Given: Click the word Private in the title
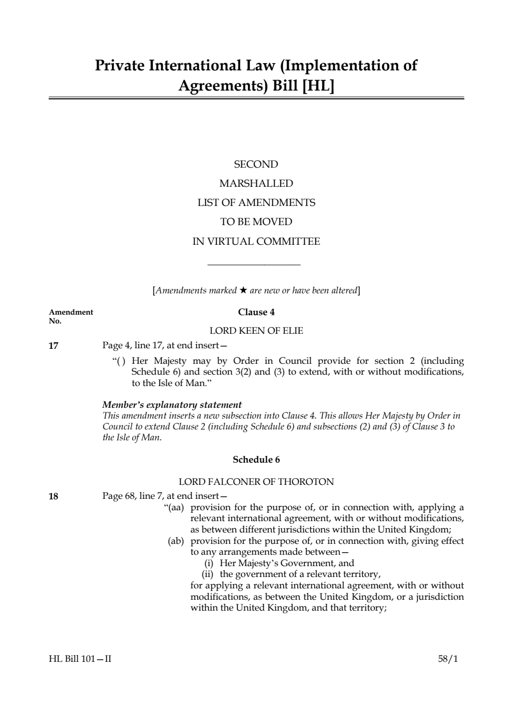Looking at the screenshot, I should point(120,66).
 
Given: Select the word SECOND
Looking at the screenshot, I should point(256,165).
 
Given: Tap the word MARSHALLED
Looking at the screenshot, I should point(256,184).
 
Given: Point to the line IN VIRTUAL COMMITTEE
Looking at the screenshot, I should point(256,242).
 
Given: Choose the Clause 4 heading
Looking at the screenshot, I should point(256,312).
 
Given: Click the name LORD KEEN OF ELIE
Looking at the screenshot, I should point(256,331).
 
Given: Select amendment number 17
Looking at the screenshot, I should point(53,346).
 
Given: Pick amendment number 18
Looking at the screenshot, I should point(53,497).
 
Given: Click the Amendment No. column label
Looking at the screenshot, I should point(70,316).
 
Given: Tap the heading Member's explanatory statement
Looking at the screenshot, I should point(172,405).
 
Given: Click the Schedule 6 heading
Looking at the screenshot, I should point(256,460).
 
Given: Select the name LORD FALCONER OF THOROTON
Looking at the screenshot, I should point(256,482).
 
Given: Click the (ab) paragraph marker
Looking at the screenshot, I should point(176,541).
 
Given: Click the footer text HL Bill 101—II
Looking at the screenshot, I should point(80,659).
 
